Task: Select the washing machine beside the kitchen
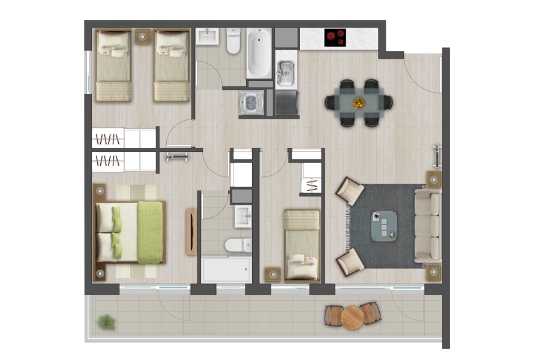pyautogui.click(x=250, y=103)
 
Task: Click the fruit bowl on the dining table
pyautogui.click(x=359, y=103)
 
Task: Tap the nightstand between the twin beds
pyautogui.click(x=143, y=37)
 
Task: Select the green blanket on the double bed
pyautogui.click(x=150, y=232)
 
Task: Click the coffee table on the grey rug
pyautogui.click(x=384, y=226)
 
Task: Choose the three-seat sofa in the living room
pyautogui.click(x=428, y=226)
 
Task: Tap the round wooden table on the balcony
pyautogui.click(x=353, y=317)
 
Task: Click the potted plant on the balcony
pyautogui.click(x=107, y=322)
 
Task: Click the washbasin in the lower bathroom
pyautogui.click(x=242, y=215)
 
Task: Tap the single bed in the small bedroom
pyautogui.click(x=302, y=244)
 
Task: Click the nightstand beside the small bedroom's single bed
pyautogui.click(x=273, y=274)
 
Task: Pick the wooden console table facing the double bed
pyautogui.click(x=191, y=232)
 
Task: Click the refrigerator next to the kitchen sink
pyautogui.click(x=286, y=102)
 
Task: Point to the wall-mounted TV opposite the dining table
pyautogui.click(x=437, y=157)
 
